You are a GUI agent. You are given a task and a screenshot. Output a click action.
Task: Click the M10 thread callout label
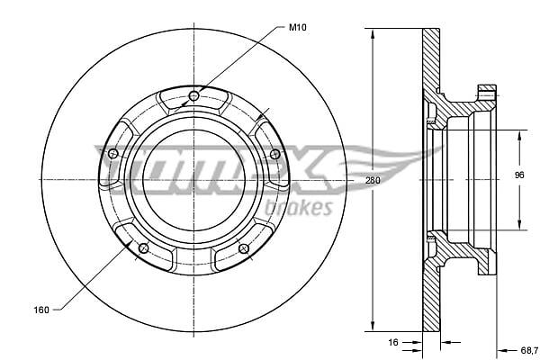[297, 27]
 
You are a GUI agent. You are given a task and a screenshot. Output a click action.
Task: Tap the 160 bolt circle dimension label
[41, 310]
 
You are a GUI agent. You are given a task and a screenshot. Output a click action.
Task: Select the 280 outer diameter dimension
[373, 180]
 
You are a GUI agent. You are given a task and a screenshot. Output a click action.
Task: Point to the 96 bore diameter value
[519, 175]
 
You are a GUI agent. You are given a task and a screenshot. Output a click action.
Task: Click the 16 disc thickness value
[393, 342]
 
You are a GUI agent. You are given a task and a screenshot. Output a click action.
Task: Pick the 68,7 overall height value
[529, 350]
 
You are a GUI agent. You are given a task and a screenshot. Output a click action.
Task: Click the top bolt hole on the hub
[193, 96]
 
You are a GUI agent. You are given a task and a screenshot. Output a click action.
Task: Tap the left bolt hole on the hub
[113, 154]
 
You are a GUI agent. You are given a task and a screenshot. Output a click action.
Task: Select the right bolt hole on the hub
[274, 154]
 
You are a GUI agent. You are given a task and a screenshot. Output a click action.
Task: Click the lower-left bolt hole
[143, 247]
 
